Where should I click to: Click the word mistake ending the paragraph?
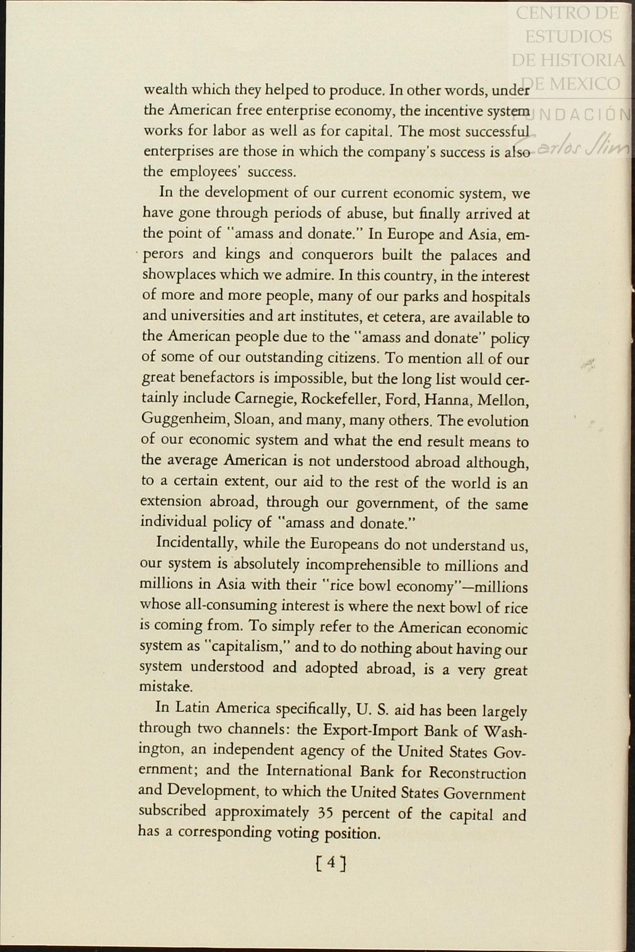pyautogui.click(x=165, y=687)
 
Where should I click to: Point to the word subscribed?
pyautogui.click(x=172, y=811)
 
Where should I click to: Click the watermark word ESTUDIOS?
pyautogui.click(x=568, y=36)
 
